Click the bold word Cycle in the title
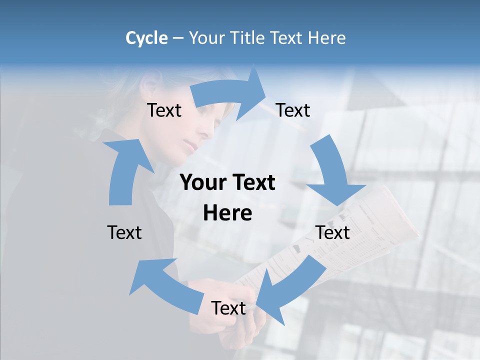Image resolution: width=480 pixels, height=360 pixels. pos(146,38)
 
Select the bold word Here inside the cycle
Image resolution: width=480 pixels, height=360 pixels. pos(227,213)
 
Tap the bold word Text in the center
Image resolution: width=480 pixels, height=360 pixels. pos(252,183)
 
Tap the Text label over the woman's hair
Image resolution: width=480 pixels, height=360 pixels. pos(164,110)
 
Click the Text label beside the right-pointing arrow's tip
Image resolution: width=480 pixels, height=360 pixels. pos(293,110)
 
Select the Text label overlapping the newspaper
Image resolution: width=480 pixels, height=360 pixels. pos(332,232)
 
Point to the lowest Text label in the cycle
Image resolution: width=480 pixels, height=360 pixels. pos(228,308)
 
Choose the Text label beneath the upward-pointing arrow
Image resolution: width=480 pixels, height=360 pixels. pos(124,232)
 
